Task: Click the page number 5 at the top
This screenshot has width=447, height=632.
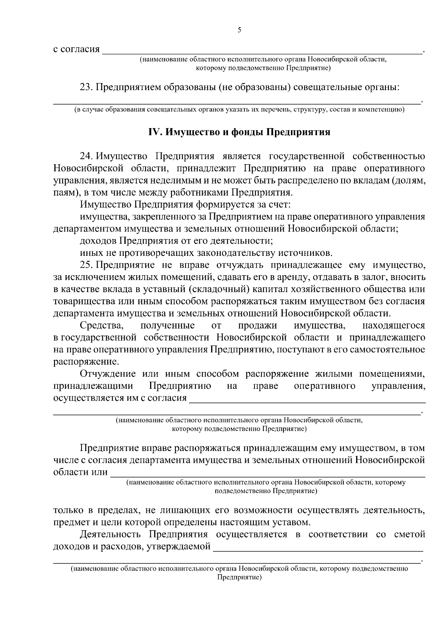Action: click(239, 30)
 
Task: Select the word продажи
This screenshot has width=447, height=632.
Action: click(257, 325)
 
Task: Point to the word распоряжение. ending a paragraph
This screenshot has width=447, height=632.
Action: click(86, 362)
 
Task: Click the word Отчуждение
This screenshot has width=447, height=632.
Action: click(108, 374)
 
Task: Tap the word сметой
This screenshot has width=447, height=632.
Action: click(409, 534)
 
